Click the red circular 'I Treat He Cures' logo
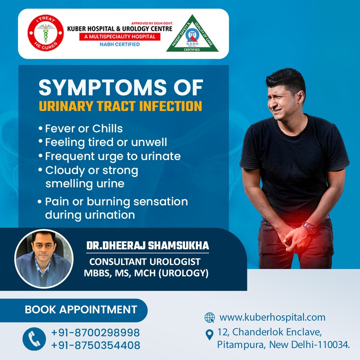point(46,33)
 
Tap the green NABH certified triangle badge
point(192,34)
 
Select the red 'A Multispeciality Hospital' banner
point(120,37)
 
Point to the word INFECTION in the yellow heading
point(171,106)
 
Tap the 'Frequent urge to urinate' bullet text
point(110,156)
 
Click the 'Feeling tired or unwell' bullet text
point(103,142)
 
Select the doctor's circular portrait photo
point(44,259)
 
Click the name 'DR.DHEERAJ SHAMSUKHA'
point(148,245)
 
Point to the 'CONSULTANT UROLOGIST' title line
point(145,262)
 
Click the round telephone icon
point(34,339)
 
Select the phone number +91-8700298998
point(96,333)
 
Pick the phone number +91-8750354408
point(96,345)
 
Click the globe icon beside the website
point(210,318)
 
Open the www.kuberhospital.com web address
point(273,317)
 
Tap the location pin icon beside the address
point(209,335)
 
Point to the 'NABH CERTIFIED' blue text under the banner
point(120,44)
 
